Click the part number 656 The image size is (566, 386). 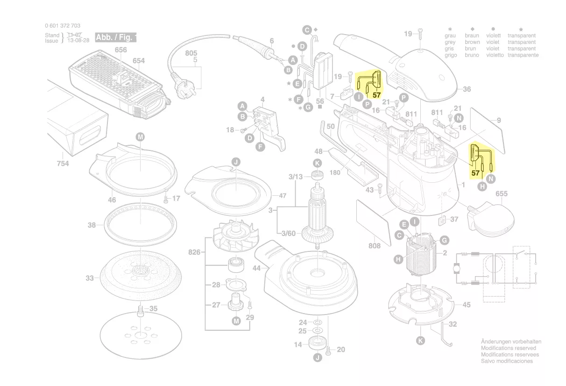(120, 50)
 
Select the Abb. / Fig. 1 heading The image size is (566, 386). (116, 37)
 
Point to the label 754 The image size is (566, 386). (63, 164)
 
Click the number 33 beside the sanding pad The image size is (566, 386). (90, 279)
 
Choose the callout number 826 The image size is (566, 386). (194, 252)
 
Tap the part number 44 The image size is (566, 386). (256, 268)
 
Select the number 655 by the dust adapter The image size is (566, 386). (501, 193)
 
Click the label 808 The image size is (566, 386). (375, 246)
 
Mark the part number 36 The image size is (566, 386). (467, 89)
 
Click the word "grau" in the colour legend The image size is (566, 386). (450, 36)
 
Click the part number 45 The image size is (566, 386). (466, 305)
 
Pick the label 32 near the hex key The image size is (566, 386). (453, 324)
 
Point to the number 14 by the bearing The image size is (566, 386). (298, 345)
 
